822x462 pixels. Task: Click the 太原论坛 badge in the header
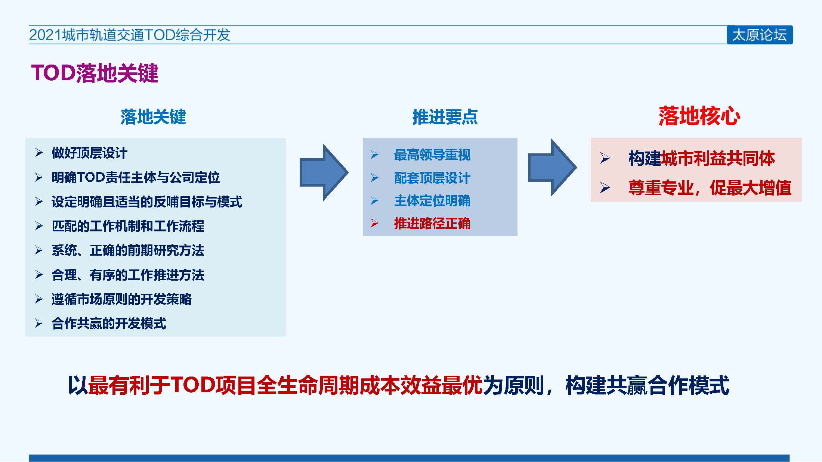tap(760, 35)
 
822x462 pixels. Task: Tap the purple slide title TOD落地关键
tap(95, 73)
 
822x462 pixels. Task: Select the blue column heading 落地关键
tap(153, 117)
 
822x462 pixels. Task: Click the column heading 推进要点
tap(445, 117)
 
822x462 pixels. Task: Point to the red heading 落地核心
tap(699, 116)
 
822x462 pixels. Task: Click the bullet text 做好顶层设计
tap(90, 153)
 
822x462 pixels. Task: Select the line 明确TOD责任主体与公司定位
tap(136, 177)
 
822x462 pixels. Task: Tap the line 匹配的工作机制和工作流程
tap(128, 226)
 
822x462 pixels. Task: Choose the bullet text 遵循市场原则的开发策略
tap(122, 299)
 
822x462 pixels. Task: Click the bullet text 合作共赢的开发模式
tap(109, 323)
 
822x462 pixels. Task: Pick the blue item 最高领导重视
tap(432, 155)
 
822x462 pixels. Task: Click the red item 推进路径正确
tap(432, 224)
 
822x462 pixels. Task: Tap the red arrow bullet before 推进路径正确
tap(374, 224)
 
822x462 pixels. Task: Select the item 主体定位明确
tap(432, 201)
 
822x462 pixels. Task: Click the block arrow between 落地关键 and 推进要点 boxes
tap(324, 172)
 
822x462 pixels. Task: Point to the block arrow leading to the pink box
tap(552, 168)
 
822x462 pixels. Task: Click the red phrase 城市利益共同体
tap(718, 158)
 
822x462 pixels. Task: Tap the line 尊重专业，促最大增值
tap(710, 188)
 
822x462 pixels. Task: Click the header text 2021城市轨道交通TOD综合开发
tap(129, 35)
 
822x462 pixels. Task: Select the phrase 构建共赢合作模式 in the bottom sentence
tap(647, 385)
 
